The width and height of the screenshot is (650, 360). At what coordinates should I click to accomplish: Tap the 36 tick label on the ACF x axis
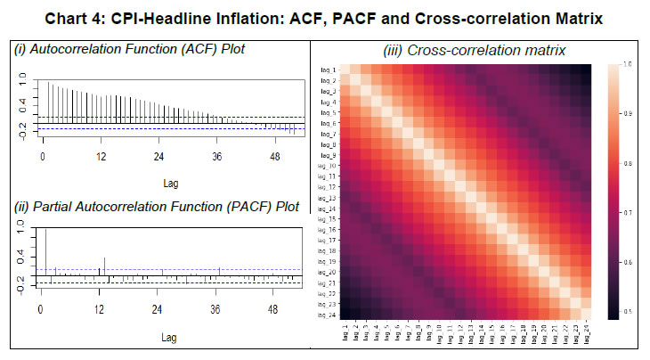tap(215, 157)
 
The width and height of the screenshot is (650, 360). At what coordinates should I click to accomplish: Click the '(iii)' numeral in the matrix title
tap(395, 51)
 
